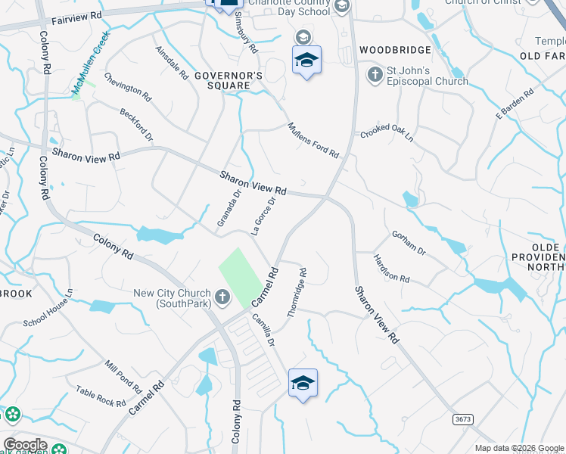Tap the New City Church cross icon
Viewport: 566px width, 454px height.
click(222, 297)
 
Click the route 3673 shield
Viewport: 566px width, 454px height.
click(462, 418)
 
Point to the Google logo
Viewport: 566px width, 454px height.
click(25, 445)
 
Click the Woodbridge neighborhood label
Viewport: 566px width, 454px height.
click(395, 50)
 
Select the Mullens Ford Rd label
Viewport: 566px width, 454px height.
click(313, 140)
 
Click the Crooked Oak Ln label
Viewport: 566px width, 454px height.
click(387, 132)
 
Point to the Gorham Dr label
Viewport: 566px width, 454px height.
click(409, 242)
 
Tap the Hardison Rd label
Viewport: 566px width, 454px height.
click(390, 269)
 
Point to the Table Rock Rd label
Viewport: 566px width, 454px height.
click(101, 396)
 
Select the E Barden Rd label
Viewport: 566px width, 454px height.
click(515, 104)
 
